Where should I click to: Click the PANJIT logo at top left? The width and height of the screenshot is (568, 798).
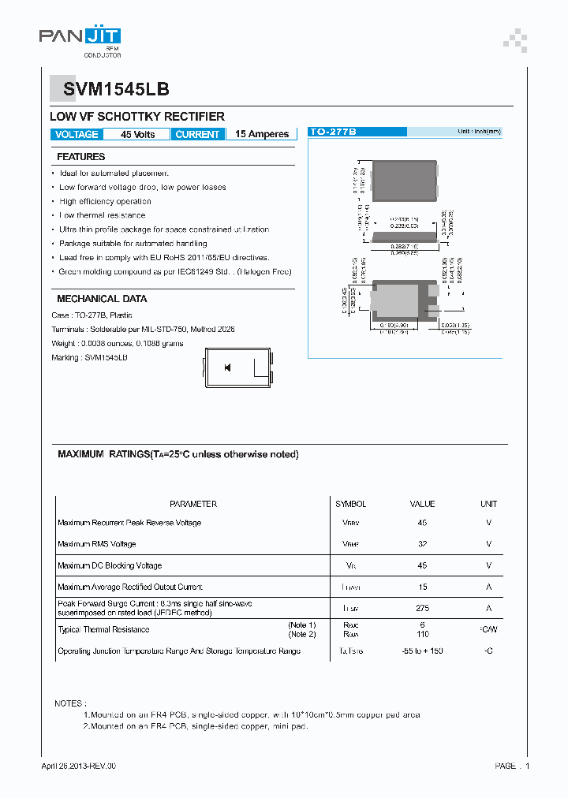(80, 36)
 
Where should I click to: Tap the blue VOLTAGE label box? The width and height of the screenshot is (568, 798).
(77, 135)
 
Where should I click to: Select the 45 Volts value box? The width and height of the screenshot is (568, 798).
(137, 135)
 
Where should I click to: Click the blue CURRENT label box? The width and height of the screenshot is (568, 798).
(197, 135)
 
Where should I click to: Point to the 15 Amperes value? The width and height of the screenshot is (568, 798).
(262, 135)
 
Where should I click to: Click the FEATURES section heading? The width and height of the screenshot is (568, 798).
(80, 157)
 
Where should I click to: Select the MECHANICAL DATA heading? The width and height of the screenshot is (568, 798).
(102, 299)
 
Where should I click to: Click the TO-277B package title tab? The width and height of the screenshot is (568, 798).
(333, 132)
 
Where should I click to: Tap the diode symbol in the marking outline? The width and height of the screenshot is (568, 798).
(227, 367)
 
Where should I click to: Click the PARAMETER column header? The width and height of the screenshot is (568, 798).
(193, 504)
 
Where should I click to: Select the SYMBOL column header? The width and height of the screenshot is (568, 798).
(351, 504)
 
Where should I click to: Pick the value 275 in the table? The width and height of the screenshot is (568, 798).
(422, 608)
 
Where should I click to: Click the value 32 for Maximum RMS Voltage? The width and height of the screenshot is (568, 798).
(422, 544)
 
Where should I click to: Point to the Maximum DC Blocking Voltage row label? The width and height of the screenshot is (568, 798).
(110, 565)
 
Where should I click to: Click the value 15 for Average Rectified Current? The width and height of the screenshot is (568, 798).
(422, 587)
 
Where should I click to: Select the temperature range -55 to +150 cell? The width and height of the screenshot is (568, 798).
(422, 651)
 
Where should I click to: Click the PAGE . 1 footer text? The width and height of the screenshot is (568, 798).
(512, 766)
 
